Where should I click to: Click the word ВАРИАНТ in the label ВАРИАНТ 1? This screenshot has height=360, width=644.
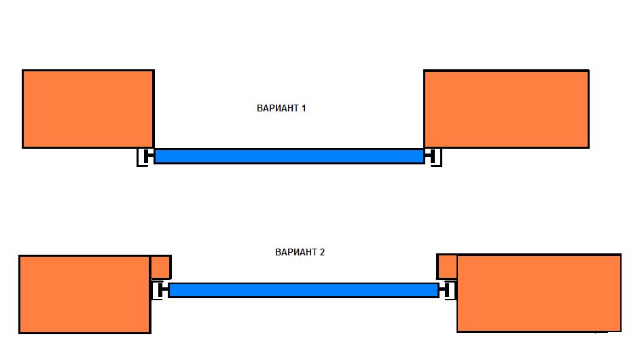click(x=277, y=108)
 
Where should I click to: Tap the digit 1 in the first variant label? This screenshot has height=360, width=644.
click(x=304, y=108)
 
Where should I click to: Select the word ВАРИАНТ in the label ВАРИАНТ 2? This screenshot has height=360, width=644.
click(x=296, y=252)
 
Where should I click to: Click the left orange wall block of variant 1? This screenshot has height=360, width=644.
click(x=88, y=109)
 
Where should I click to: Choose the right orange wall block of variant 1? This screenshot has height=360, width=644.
click(x=506, y=109)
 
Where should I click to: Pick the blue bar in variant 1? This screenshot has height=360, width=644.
click(x=289, y=156)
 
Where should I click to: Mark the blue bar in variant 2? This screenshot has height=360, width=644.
click(x=304, y=290)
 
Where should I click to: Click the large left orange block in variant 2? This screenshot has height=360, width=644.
click(x=84, y=294)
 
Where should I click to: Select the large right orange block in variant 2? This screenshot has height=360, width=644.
click(x=539, y=293)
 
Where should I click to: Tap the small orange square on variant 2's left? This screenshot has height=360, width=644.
click(x=160, y=267)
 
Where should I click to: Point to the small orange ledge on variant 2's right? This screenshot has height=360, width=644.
click(x=446, y=266)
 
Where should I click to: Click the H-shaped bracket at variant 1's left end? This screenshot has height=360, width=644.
click(x=146, y=157)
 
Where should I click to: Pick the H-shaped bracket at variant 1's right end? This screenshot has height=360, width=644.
click(x=433, y=157)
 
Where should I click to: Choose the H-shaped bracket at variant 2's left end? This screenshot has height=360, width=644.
click(x=160, y=291)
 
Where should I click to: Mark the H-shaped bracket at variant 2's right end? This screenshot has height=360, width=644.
click(x=447, y=291)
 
